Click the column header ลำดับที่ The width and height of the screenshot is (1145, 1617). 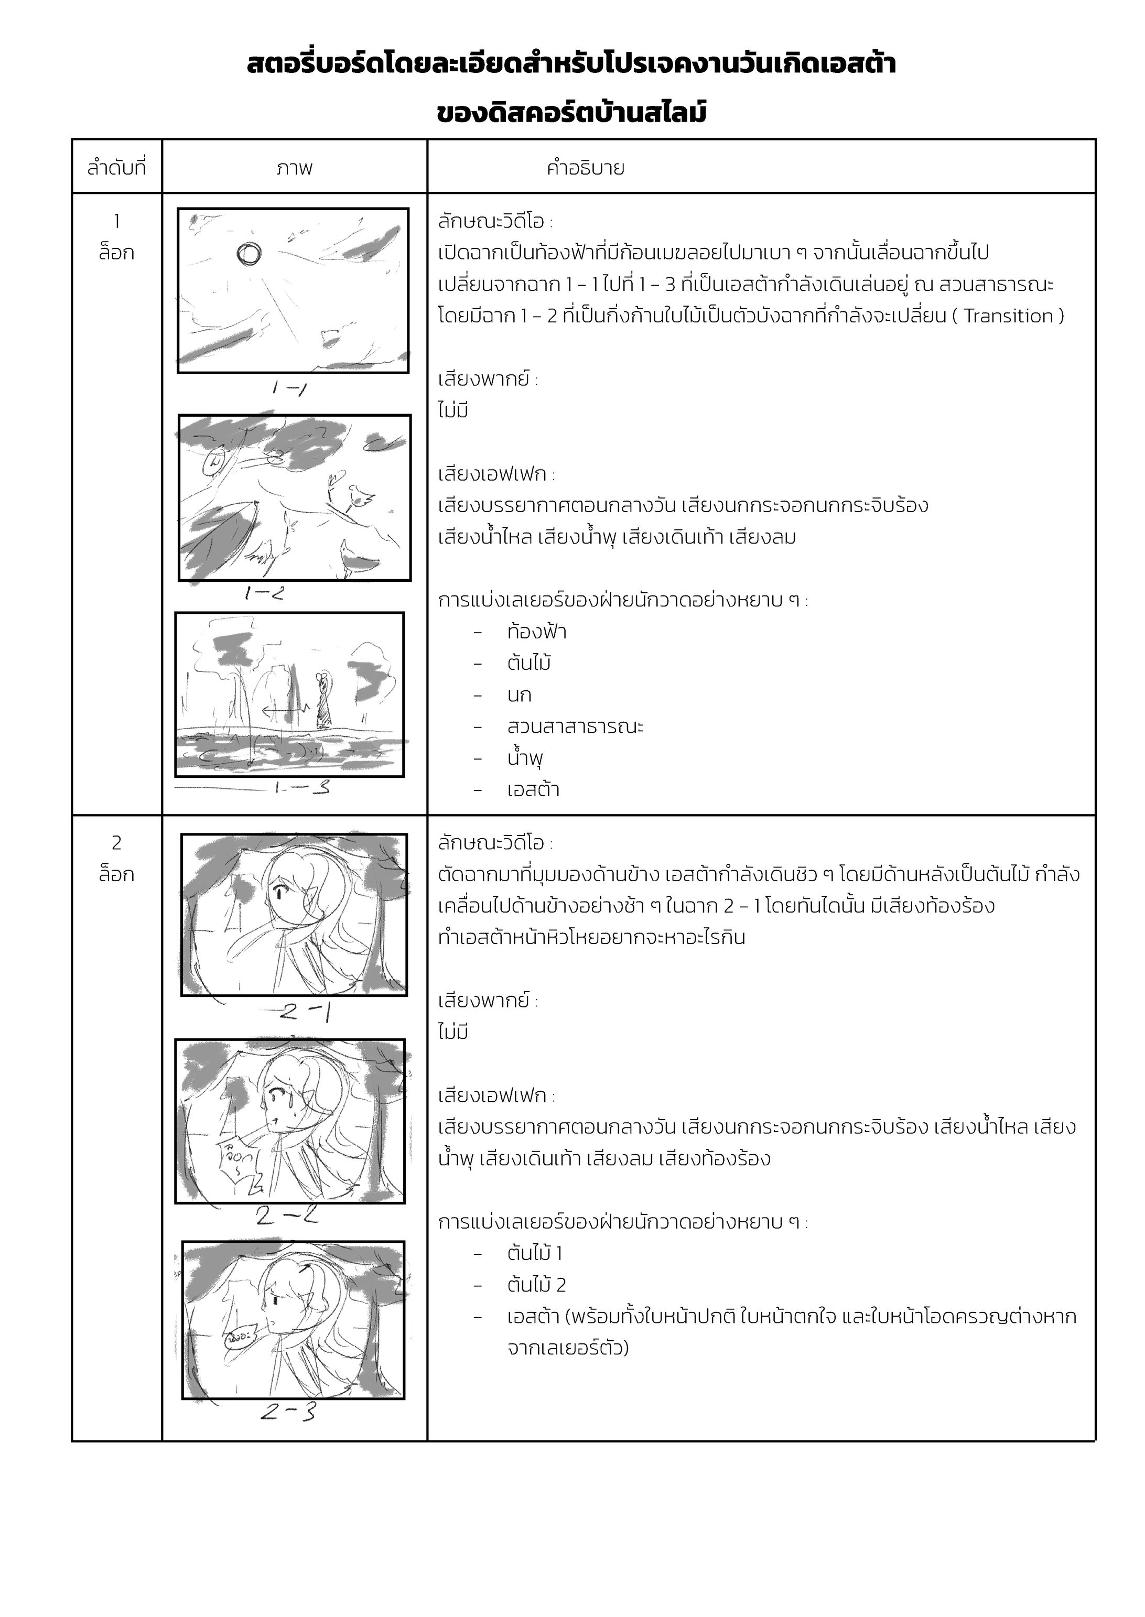point(116,168)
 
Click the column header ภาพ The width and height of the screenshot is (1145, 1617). point(294,168)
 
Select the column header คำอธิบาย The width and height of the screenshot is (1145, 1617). point(585,168)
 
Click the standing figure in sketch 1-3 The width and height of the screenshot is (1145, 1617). point(323,701)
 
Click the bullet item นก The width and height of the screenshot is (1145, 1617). point(519,695)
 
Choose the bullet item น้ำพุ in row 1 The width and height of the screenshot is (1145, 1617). point(525,758)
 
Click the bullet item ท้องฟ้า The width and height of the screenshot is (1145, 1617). point(536,632)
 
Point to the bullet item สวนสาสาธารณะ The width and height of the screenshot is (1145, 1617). point(575,727)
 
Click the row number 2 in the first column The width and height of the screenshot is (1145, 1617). point(116,842)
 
